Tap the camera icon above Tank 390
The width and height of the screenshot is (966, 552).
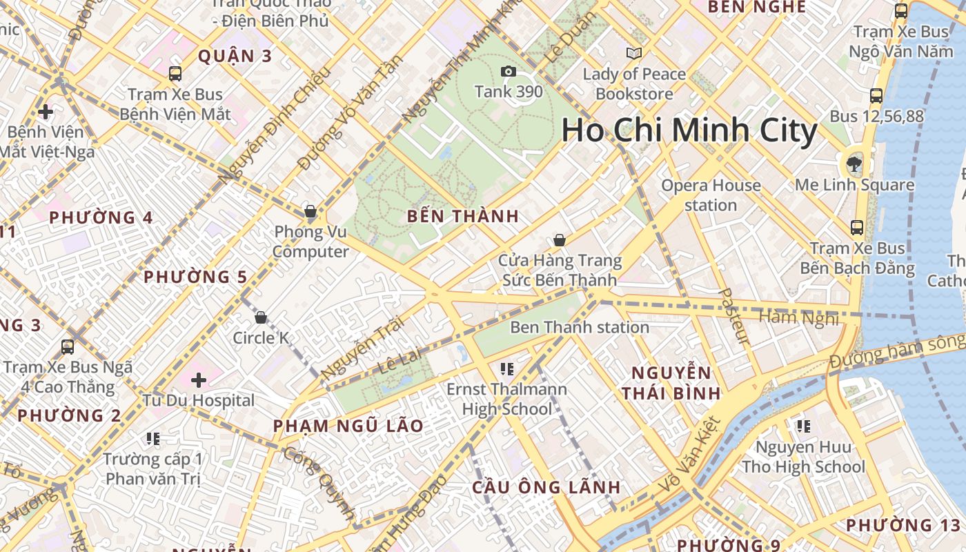pos(508,72)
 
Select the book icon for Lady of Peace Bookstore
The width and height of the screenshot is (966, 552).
pos(633,53)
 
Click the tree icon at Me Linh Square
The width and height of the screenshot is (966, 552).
pos(854,164)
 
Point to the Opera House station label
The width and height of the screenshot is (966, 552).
pos(711,195)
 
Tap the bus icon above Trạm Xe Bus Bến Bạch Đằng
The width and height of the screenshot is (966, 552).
pos(857,227)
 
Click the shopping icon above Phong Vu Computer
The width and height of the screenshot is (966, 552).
pos(310,211)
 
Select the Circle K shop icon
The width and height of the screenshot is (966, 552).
pos(261,317)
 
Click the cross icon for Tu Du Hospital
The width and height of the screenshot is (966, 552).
pos(199,379)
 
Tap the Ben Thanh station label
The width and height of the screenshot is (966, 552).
pos(580,327)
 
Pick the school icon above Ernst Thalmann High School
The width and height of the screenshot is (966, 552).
pos(507,369)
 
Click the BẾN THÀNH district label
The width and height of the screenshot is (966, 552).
pos(463,216)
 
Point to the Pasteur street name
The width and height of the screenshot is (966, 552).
pos(733,316)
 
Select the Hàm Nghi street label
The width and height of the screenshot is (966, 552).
pos(799,318)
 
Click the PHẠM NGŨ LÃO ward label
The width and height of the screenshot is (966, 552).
pos(348,426)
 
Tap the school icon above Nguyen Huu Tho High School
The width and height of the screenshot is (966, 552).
pos(803,426)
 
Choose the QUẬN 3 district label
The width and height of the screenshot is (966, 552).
pos(235,56)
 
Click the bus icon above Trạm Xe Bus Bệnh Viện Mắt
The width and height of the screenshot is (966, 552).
pos(175,74)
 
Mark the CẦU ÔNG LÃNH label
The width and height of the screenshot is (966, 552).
pos(546,487)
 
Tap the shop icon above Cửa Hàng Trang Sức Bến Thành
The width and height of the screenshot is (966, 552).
pos(559,240)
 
